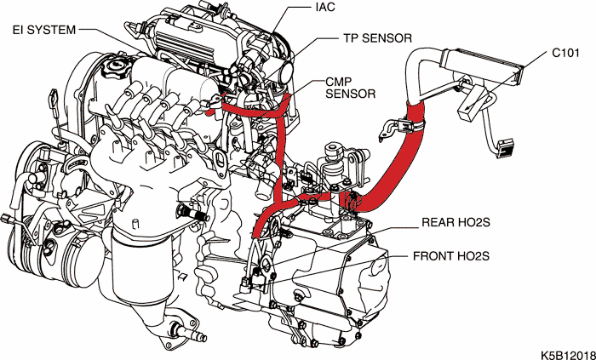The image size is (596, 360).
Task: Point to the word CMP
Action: [x=338, y=80]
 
